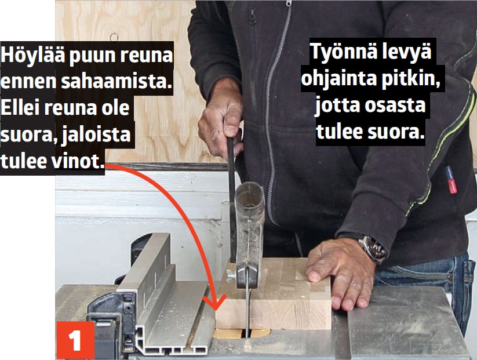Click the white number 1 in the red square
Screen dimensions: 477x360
pos(75,340)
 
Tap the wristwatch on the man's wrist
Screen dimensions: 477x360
pos(373,249)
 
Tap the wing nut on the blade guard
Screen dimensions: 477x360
pos(231,275)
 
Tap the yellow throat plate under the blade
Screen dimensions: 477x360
pos(241,333)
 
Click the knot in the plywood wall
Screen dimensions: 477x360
pos(114,37)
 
